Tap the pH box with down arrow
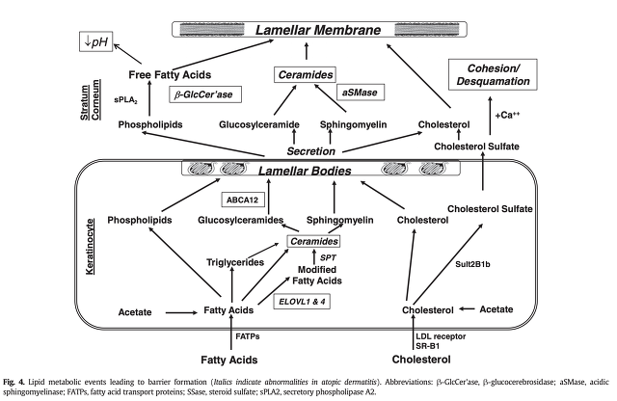[x=98, y=40]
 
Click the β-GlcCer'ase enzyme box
[x=206, y=95]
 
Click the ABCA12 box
[x=241, y=200]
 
